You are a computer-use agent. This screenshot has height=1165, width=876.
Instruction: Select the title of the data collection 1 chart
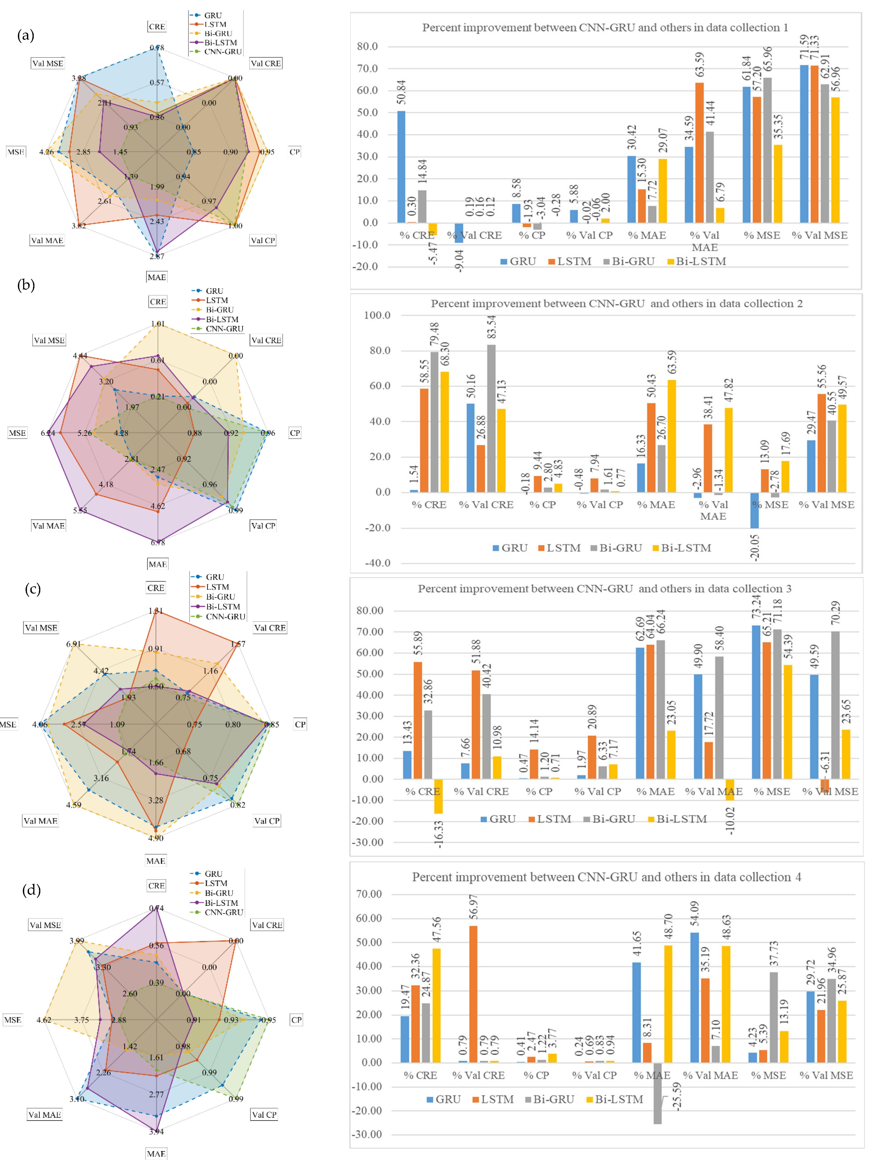(x=605, y=27)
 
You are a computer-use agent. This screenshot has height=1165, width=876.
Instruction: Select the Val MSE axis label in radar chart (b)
(x=49, y=340)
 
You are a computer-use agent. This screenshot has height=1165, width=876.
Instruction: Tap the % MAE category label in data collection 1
(x=647, y=235)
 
